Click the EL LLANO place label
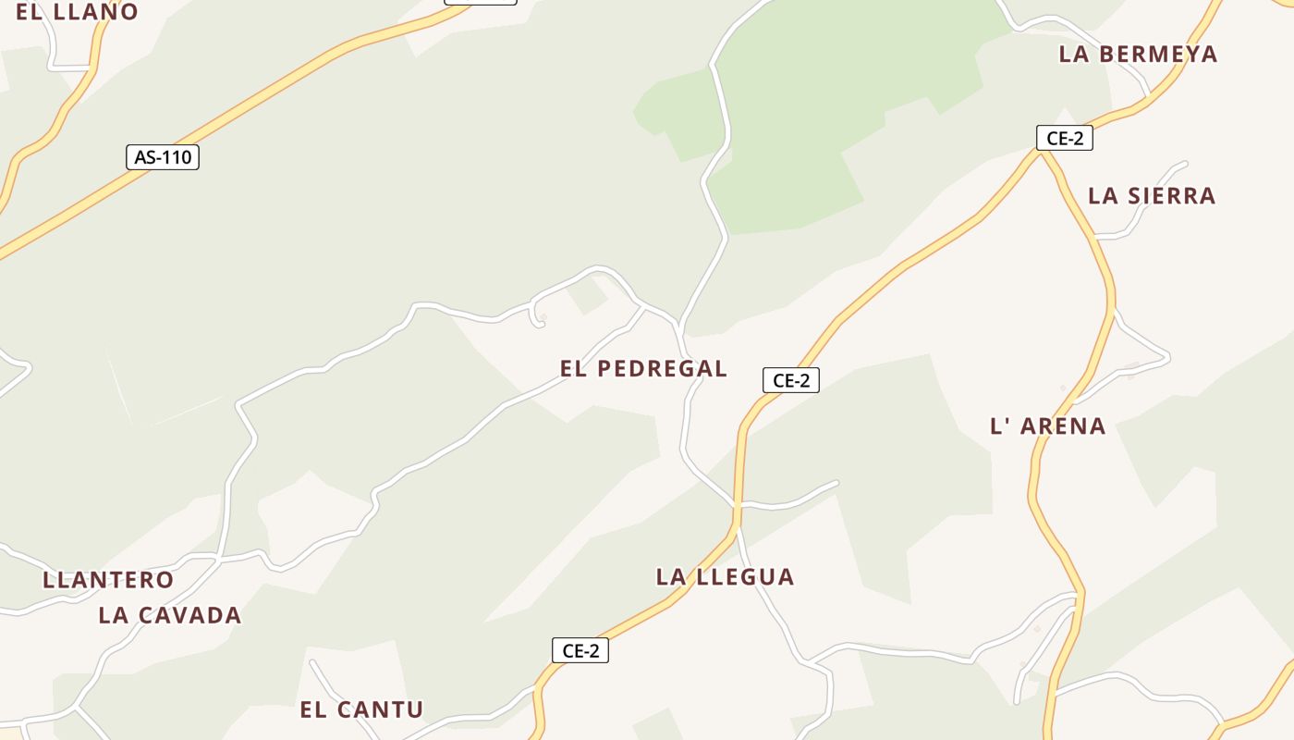point(77,12)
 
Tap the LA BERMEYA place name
point(1138,55)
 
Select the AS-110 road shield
point(163,157)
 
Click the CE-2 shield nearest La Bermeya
point(1064,139)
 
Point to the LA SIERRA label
point(1151,196)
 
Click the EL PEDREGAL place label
point(643,369)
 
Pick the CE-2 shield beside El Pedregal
point(790,380)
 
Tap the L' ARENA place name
point(1047,426)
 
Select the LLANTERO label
point(108,581)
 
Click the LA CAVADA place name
point(170,616)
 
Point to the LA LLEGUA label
point(725,577)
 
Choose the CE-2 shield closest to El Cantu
point(580,650)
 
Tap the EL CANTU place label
point(361,710)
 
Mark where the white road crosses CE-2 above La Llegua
point(738,505)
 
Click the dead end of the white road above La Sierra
point(1184,165)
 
